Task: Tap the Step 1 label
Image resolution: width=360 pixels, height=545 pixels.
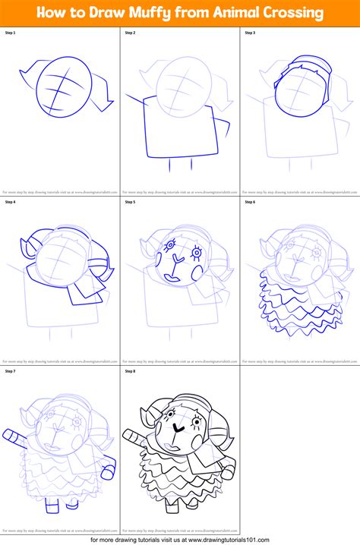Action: (11, 33)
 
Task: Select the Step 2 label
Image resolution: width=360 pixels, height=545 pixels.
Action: (130, 33)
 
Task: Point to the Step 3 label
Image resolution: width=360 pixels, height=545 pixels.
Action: (250, 33)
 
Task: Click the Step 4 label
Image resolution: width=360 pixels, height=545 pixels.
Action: (11, 203)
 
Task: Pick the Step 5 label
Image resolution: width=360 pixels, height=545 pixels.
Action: (130, 203)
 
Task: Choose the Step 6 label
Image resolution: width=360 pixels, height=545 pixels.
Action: (250, 203)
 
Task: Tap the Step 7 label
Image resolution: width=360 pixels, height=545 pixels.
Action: (11, 372)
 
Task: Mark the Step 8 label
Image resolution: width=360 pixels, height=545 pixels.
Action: (130, 372)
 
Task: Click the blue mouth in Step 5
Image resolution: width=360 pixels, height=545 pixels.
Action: (173, 279)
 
